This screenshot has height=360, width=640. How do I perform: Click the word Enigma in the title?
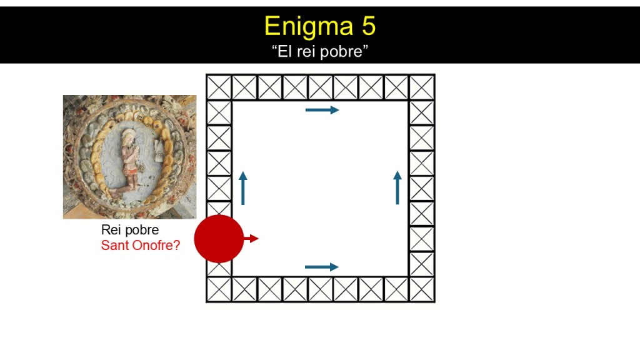coord(309,27)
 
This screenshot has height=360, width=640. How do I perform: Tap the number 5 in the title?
coord(368,26)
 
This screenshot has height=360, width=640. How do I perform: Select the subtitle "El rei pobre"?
coord(320,51)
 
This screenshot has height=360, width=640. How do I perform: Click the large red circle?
coord(219,239)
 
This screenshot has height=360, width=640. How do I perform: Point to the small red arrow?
coord(251,238)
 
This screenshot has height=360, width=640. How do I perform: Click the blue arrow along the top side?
coord(322,110)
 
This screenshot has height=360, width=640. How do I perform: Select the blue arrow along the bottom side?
coord(322,267)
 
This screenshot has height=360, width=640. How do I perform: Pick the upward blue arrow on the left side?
coord(243,188)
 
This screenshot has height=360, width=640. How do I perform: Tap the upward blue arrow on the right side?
coord(397,187)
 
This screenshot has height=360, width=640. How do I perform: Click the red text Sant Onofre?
coord(141,245)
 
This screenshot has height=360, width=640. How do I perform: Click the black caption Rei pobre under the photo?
coord(130,230)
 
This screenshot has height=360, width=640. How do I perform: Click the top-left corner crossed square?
coord(219,87)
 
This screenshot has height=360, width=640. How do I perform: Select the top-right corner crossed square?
coord(422,87)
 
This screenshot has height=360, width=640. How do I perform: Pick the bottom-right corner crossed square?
coord(422,289)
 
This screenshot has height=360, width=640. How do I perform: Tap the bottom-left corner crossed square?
coord(219,289)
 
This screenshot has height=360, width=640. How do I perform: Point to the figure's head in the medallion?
coord(129,137)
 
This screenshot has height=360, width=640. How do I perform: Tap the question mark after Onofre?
coord(177,245)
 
